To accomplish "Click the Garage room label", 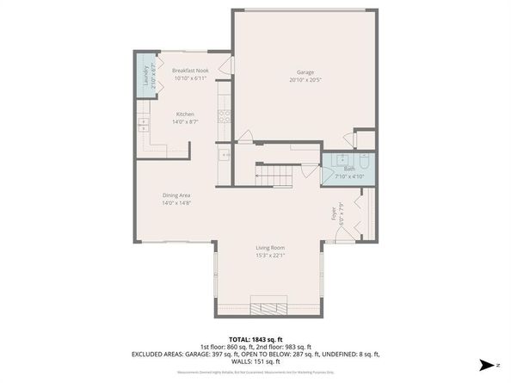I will point(305,72).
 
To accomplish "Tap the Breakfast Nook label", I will point(190,71).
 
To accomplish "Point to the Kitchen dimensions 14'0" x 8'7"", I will point(186,122).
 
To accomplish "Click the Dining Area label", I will point(175,195).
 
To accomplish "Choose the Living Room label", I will point(270,247).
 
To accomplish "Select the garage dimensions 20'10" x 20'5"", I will point(305,80).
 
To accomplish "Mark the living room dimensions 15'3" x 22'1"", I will point(270,255).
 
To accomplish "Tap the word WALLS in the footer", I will point(238,361).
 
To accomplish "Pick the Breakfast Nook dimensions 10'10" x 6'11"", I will point(190,78).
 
